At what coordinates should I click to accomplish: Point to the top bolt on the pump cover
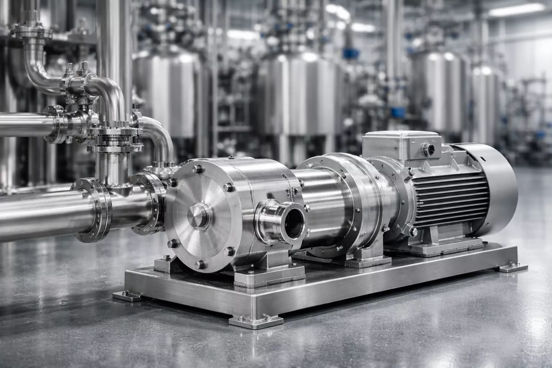click(197, 168)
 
